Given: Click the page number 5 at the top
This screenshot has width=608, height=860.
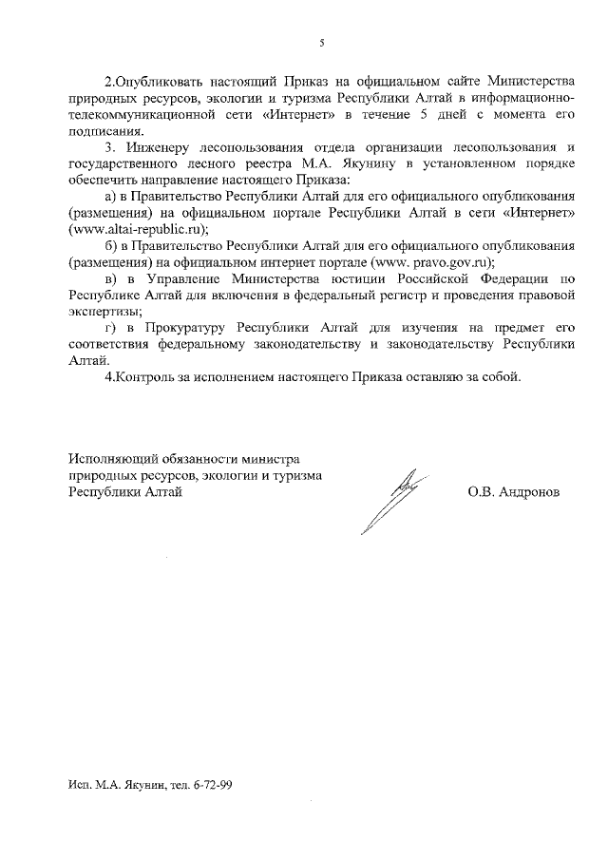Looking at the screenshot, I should click(322, 43).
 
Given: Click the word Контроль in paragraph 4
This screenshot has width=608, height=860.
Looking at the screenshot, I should click(147, 377).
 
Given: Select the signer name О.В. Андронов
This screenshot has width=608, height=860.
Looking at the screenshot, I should click(513, 492).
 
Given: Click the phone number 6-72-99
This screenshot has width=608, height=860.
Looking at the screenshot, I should click(213, 787).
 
